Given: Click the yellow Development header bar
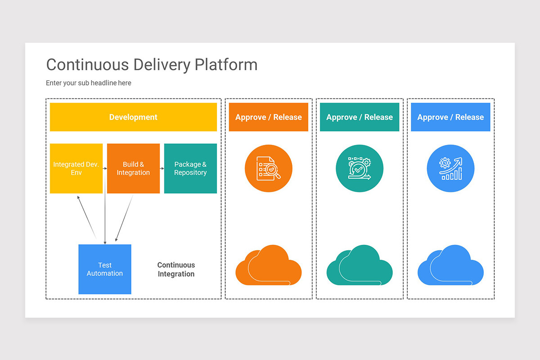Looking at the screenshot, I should (x=133, y=117).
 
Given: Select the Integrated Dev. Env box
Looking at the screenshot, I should (x=76, y=168).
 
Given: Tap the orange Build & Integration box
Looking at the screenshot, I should (x=133, y=168).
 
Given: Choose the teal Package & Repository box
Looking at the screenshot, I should (x=190, y=168).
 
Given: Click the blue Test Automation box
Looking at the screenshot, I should (x=105, y=269).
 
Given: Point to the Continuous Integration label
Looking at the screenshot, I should (x=176, y=269).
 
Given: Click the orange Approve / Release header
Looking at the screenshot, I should (x=268, y=117).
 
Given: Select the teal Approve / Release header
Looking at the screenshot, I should (x=359, y=117).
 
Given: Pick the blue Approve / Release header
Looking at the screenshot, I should (x=450, y=117).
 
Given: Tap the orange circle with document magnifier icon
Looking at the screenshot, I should (x=268, y=169).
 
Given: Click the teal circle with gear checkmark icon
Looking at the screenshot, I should (x=359, y=169).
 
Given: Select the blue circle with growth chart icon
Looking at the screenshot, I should (x=450, y=169).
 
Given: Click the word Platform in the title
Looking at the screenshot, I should (x=226, y=65).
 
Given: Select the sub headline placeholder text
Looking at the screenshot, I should (x=89, y=83).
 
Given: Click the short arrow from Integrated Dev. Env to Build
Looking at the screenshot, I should (x=105, y=168).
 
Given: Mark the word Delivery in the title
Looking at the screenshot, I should (x=162, y=65).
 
